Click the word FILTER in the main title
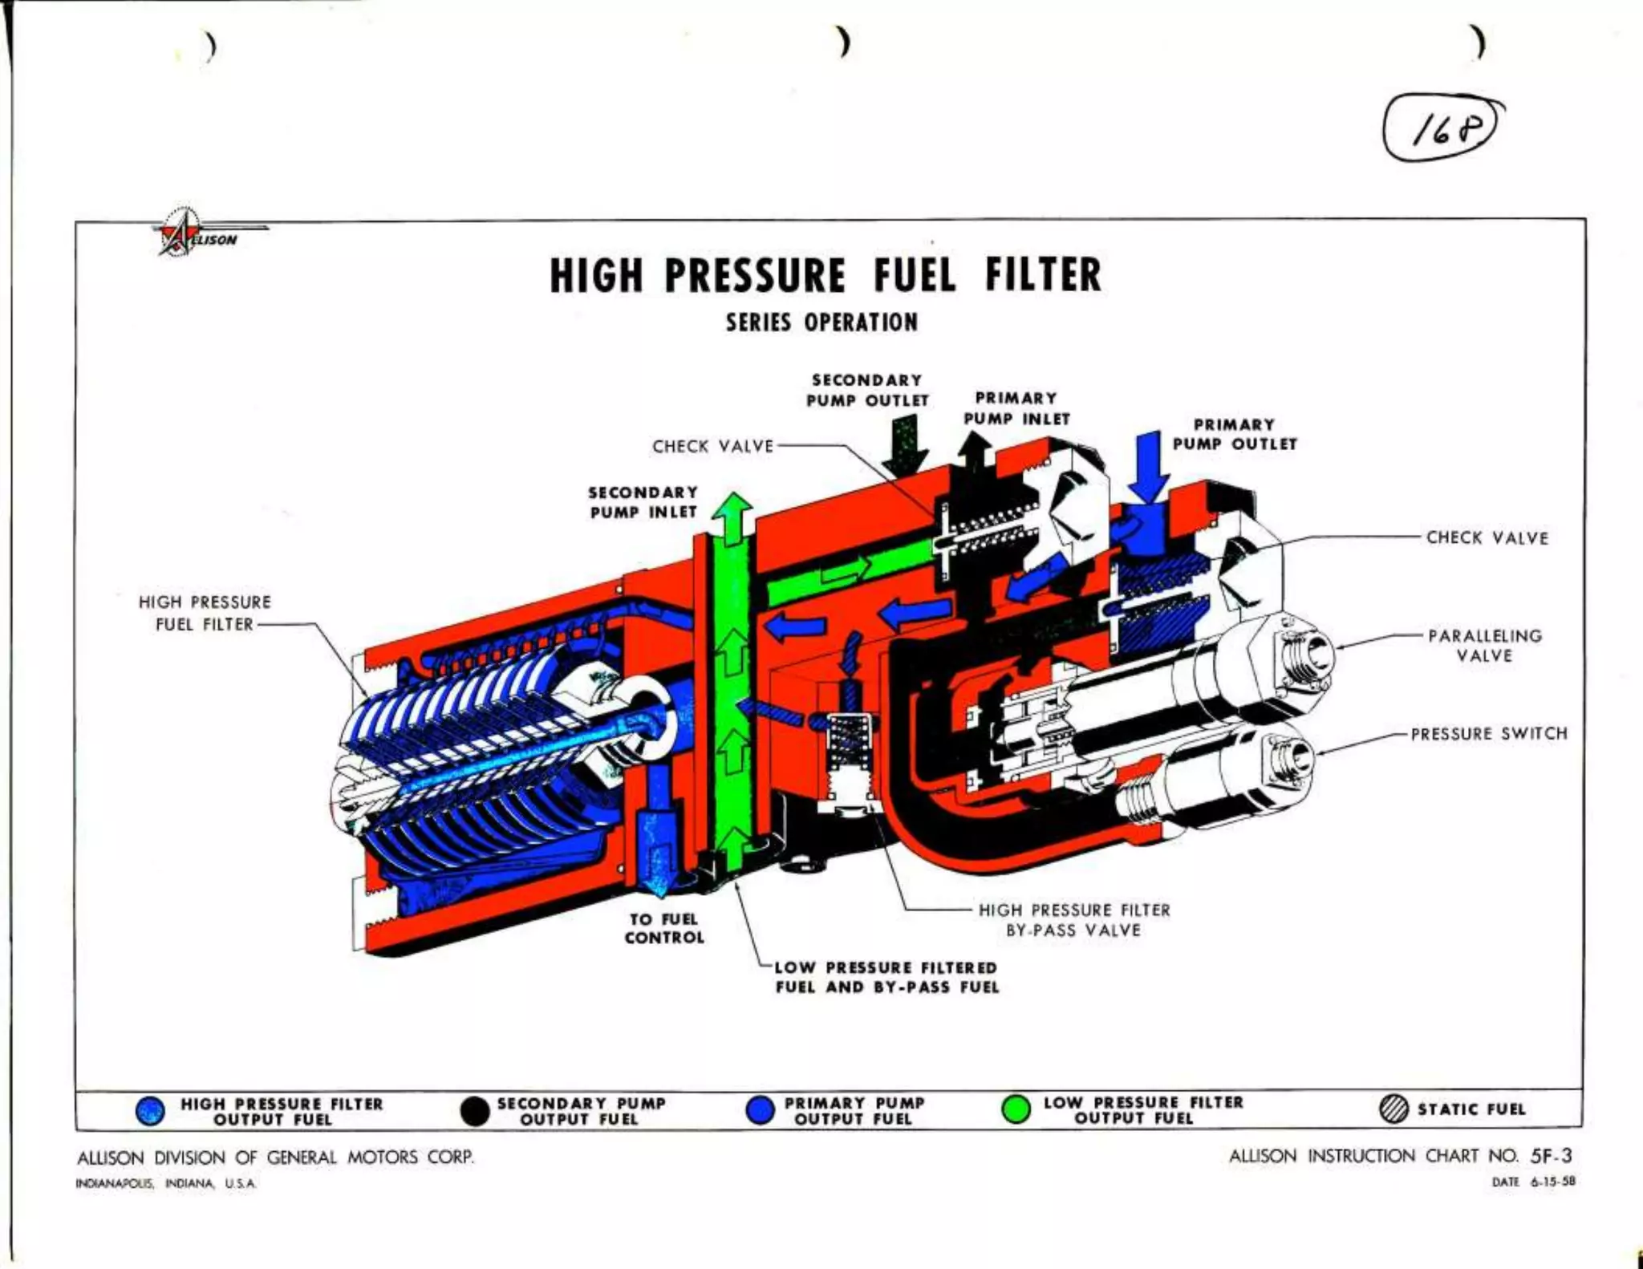(1043, 275)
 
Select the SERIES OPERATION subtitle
(821, 322)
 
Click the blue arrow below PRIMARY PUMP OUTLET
(1148, 465)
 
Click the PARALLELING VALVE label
(1485, 646)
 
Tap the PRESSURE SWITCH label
(1489, 733)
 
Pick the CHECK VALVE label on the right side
(1487, 537)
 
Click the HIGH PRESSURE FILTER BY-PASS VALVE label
(1074, 920)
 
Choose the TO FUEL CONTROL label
(664, 928)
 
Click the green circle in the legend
(1016, 1109)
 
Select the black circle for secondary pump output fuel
(475, 1111)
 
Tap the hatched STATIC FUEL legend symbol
(1394, 1109)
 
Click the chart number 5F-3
(1551, 1156)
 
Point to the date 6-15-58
(1552, 1182)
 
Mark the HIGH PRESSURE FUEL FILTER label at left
(205, 613)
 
